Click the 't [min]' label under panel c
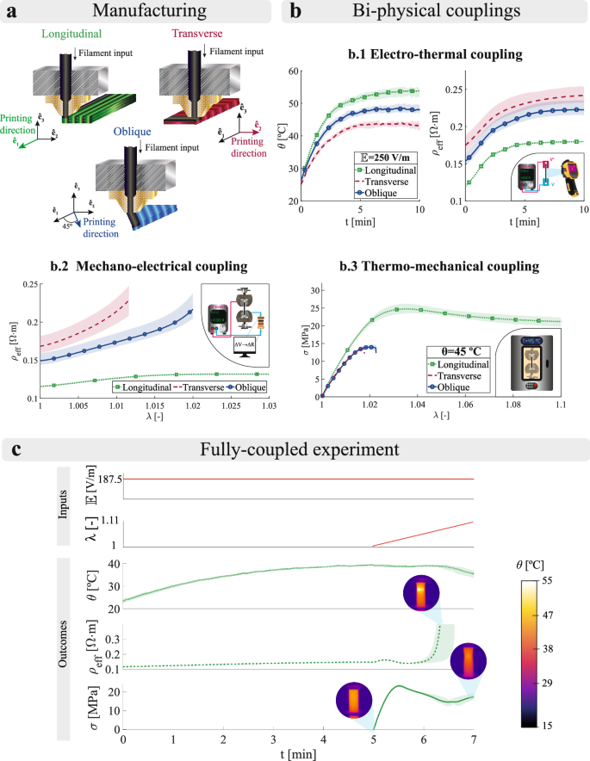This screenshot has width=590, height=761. point(298,753)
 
